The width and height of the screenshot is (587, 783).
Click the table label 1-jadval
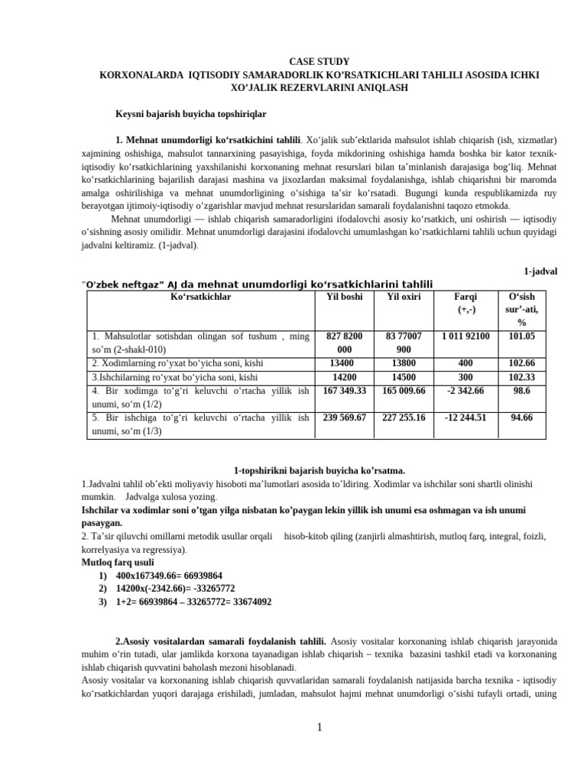point(540,271)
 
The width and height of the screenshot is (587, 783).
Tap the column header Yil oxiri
point(404,297)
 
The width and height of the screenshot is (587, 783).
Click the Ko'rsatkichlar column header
point(201,297)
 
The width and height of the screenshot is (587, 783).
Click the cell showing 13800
point(404,364)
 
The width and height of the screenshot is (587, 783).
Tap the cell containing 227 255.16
point(404,417)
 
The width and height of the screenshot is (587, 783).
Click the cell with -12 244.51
point(465,417)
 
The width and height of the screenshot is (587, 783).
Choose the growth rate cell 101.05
point(522,336)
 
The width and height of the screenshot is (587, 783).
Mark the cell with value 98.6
point(522,391)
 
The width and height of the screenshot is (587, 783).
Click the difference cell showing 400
point(465,364)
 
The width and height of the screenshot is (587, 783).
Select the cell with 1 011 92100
point(465,336)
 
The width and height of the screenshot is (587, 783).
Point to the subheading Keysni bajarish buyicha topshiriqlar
point(190,114)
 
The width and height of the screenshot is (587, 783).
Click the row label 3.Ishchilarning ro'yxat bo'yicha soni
point(174,378)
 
